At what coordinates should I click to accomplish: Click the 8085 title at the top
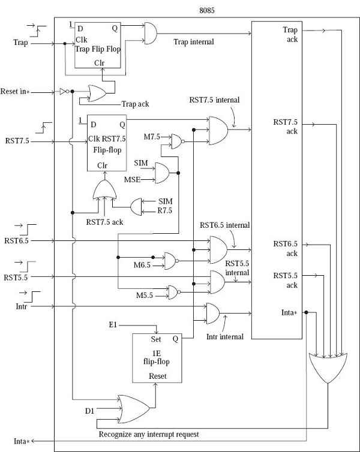pos(206,10)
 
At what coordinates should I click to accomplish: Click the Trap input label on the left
pos(20,43)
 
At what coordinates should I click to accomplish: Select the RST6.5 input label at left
pos(16,240)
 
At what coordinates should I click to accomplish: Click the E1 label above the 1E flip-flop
pos(112,324)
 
